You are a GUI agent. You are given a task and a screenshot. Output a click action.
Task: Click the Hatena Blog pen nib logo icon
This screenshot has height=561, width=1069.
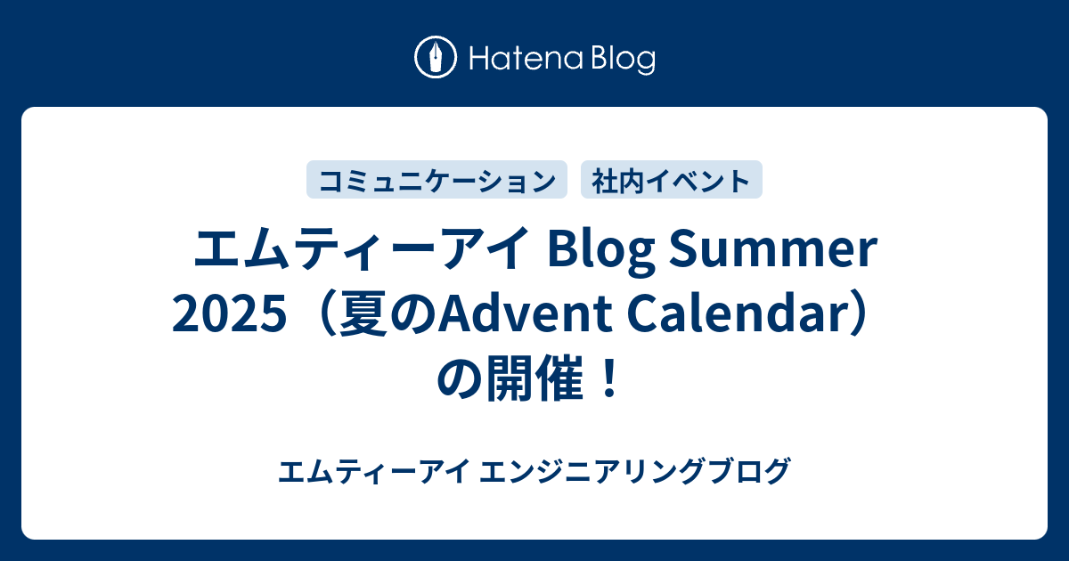click(436, 57)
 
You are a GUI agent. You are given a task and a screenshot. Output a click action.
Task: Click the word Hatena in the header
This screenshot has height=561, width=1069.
click(526, 58)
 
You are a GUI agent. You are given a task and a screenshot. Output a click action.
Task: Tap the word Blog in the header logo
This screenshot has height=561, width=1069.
click(624, 59)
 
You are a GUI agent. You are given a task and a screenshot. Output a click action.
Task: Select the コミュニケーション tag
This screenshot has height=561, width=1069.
click(437, 180)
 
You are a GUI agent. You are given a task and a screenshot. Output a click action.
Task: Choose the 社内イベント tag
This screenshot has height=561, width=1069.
click(672, 180)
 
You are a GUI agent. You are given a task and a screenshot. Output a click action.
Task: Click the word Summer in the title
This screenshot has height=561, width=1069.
click(773, 249)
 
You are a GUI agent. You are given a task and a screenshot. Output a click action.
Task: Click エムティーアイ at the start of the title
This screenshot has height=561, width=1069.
click(361, 249)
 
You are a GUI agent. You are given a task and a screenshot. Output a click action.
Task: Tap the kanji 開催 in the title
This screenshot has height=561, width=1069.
click(534, 378)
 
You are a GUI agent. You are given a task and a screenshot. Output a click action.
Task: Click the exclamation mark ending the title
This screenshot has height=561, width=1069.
click(608, 378)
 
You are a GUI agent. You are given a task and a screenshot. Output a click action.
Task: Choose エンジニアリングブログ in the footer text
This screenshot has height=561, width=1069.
click(635, 471)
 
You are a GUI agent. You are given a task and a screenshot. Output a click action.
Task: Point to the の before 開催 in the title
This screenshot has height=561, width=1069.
click(460, 379)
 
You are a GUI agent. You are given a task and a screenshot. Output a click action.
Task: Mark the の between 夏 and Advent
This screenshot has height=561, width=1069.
click(412, 315)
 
